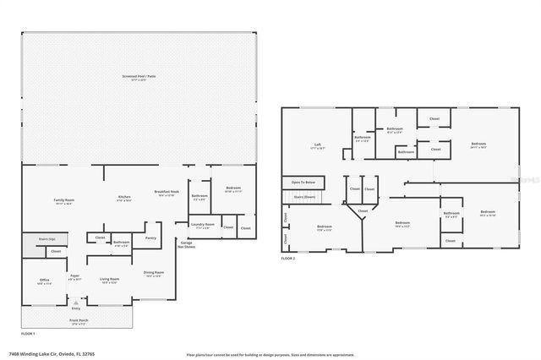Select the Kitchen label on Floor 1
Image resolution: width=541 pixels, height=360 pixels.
click(x=123, y=199)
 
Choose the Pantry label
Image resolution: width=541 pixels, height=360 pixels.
click(x=150, y=238)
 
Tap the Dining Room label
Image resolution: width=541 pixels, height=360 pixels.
click(x=154, y=273)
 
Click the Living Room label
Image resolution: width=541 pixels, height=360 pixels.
click(x=109, y=280)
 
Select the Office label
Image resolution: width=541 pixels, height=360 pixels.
click(x=44, y=281)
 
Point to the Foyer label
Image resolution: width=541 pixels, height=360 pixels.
click(x=75, y=275)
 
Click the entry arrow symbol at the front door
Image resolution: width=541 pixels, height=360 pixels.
click(x=77, y=302)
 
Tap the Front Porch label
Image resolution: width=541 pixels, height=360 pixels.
click(x=76, y=321)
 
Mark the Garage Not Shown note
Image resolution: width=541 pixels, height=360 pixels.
click(x=187, y=244)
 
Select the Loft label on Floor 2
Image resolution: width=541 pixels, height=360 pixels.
click(x=317, y=145)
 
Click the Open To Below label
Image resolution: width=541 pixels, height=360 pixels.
click(x=303, y=182)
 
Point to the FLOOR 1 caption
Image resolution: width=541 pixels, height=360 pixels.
click(x=29, y=333)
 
